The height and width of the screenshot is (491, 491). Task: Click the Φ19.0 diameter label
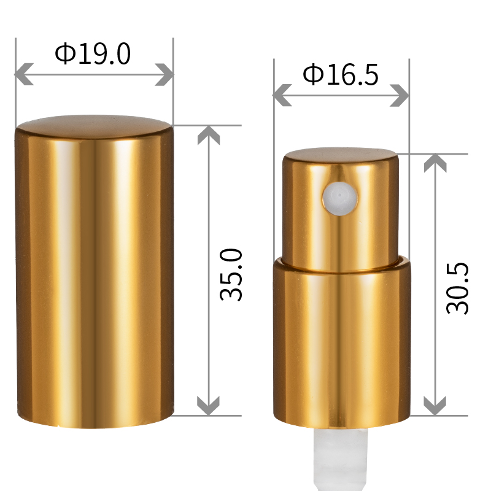click(93, 53)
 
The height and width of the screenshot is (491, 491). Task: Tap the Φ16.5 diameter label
click(341, 74)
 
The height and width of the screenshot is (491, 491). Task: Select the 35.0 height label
click(231, 274)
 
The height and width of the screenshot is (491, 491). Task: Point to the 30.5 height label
click(457, 288)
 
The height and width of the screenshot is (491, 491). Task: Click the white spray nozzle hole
click(340, 199)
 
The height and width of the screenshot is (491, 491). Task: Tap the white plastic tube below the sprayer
click(341, 459)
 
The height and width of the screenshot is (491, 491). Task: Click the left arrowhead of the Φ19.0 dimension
click(24, 74)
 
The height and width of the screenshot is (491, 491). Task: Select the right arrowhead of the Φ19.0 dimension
click(164, 74)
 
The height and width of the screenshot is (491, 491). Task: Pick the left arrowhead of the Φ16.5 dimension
click(282, 95)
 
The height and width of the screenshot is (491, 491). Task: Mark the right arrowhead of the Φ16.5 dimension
click(400, 95)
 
